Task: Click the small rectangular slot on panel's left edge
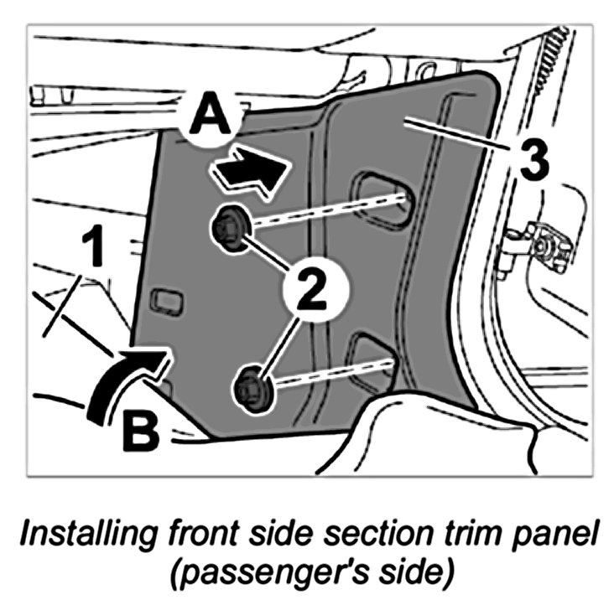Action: coord(164,300)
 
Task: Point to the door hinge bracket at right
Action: coord(541,243)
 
